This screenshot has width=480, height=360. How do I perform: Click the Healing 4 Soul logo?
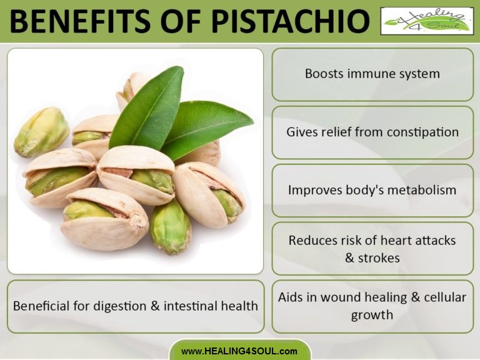[427, 21]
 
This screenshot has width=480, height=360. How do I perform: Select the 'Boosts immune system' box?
[372, 74]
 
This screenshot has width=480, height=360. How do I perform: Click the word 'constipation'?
[423, 132]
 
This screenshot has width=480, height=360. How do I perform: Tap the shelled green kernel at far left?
[41, 131]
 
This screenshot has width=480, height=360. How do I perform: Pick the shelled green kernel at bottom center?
[170, 226]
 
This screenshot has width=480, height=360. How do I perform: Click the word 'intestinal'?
[191, 306]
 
